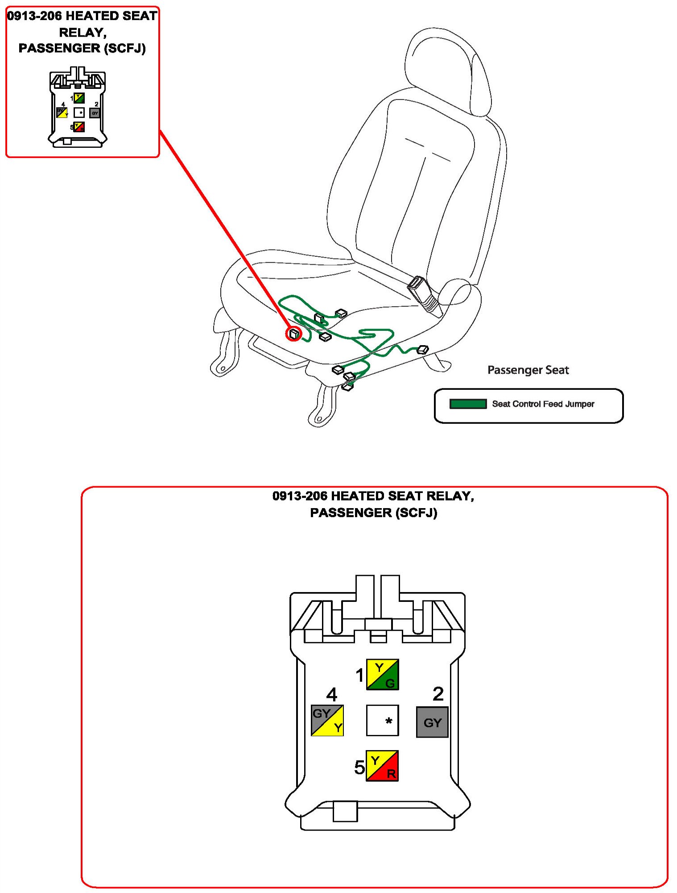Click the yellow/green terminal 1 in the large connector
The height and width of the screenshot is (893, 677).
[382, 674]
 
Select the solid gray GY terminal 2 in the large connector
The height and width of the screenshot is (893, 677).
[432, 722]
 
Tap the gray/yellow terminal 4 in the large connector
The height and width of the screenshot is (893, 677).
[327, 720]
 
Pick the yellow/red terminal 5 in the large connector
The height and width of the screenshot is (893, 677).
[382, 766]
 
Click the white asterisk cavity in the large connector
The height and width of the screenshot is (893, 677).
[382, 720]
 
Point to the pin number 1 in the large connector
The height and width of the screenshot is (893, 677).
[359, 675]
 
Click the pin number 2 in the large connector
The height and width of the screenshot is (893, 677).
[438, 694]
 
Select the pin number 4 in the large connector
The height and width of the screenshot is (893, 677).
[331, 694]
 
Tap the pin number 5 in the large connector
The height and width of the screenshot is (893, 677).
[359, 768]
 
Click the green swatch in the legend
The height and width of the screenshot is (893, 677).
[468, 404]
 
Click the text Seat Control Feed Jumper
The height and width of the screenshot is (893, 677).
[543, 404]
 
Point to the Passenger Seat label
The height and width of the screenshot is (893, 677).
[528, 370]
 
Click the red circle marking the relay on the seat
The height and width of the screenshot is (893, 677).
[293, 333]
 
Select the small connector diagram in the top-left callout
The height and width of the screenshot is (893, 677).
[78, 108]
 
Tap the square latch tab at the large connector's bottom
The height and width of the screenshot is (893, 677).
[345, 811]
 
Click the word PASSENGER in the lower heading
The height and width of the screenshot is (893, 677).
[351, 513]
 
